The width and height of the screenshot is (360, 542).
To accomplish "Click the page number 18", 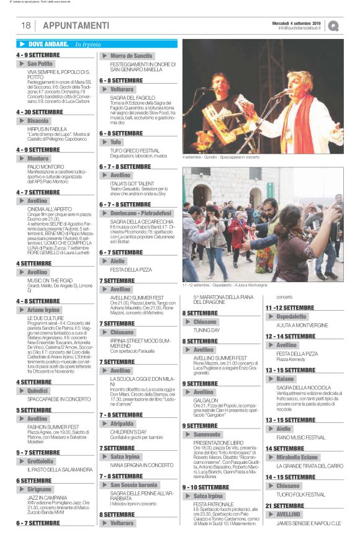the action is [26, 25].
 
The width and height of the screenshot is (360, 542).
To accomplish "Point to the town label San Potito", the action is [40, 64].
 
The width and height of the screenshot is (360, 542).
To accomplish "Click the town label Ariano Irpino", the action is [43, 309].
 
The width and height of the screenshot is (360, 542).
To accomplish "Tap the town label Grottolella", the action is [40, 461].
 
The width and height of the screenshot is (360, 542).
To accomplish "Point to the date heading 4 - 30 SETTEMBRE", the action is [39, 112].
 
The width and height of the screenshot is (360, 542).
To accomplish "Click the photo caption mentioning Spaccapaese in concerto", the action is [220, 157].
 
